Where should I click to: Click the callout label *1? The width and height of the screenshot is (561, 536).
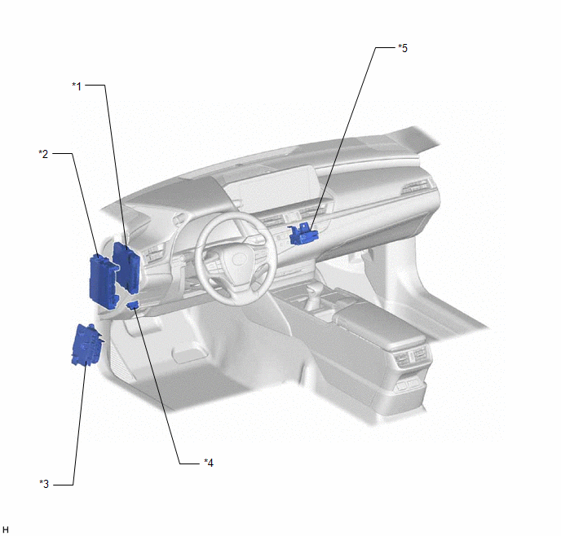tap(77, 86)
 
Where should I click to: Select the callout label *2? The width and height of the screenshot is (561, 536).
tap(43, 154)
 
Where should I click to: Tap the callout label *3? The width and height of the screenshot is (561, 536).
tap(44, 484)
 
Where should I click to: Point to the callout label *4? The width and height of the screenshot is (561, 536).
tap(209, 463)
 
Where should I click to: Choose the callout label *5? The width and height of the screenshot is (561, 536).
tap(403, 48)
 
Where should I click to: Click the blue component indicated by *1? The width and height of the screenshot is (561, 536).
tap(126, 267)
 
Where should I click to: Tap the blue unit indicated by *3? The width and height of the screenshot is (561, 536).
tap(86, 344)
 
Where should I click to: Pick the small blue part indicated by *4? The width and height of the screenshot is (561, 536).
tap(133, 305)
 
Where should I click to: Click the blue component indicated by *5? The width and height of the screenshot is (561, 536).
tap(303, 234)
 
